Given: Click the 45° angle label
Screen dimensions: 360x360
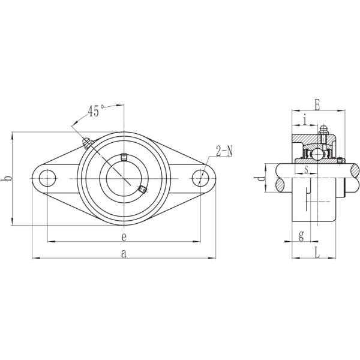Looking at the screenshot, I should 95,111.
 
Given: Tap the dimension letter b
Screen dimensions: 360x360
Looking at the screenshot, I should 7,178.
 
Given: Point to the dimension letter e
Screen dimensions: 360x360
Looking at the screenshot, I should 124,235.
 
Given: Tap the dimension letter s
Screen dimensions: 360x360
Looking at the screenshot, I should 306,170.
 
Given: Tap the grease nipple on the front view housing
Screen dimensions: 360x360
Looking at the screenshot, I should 86,143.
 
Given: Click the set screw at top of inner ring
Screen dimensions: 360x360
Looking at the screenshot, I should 124,158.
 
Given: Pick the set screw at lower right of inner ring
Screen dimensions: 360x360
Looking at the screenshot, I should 142,190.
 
